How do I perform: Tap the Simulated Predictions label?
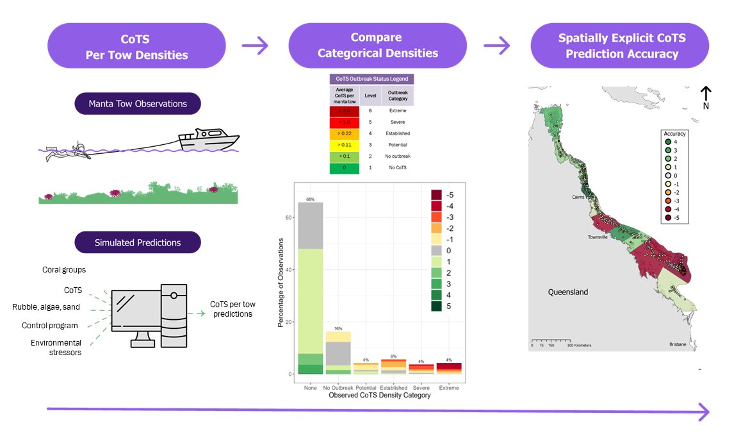point(138,242)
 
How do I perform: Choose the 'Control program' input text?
point(49,326)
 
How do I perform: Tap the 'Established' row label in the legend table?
point(397,134)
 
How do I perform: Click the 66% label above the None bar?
point(310,199)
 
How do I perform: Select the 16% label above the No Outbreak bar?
point(338,328)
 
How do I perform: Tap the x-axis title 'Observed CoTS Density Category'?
point(379,396)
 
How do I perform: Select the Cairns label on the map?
point(579,197)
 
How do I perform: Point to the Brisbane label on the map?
point(678,345)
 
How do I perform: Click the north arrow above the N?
point(705,92)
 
